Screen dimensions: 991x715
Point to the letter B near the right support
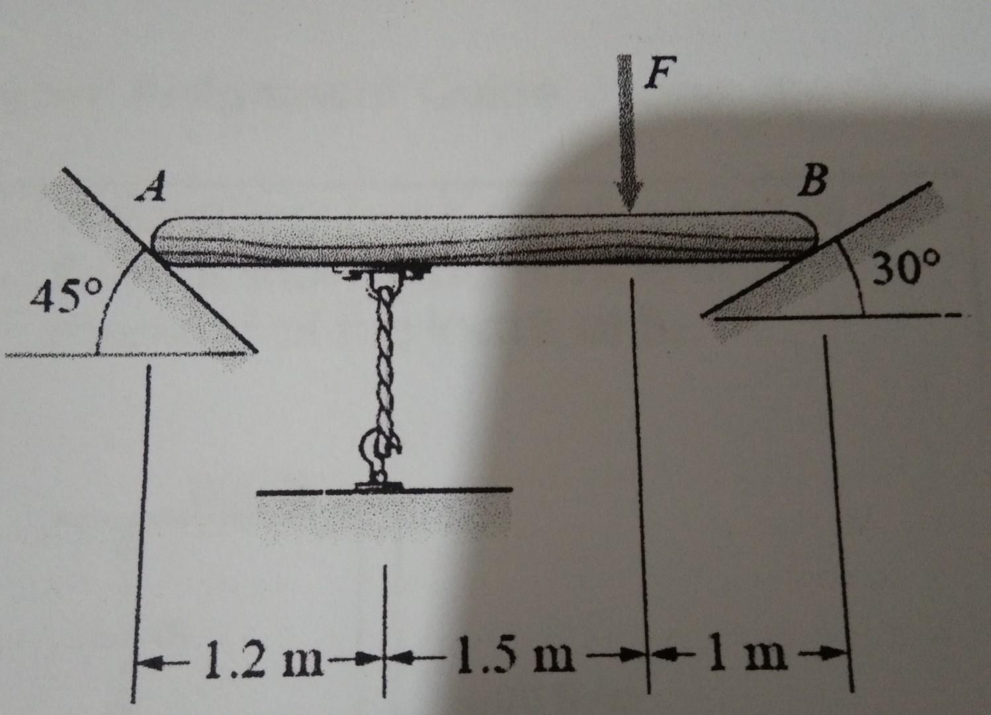coord(811,182)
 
